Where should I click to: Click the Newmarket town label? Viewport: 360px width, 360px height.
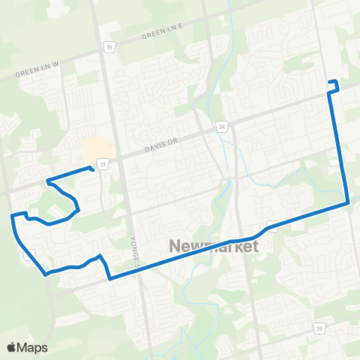click(x=214, y=247)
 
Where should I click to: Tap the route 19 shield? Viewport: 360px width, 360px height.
click(x=109, y=47)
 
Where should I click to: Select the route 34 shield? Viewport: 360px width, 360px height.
click(x=222, y=127)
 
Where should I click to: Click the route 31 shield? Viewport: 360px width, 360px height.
click(x=101, y=163)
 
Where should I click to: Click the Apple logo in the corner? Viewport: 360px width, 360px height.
click(x=12, y=347)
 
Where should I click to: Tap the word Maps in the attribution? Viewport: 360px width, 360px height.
click(x=33, y=347)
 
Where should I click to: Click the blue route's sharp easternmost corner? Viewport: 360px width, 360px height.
click(x=349, y=202)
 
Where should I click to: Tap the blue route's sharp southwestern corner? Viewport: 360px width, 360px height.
click(x=46, y=274)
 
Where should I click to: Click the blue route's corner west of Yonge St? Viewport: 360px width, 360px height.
click(x=110, y=279)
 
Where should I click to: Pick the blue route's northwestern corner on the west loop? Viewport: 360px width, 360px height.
click(x=13, y=215)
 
